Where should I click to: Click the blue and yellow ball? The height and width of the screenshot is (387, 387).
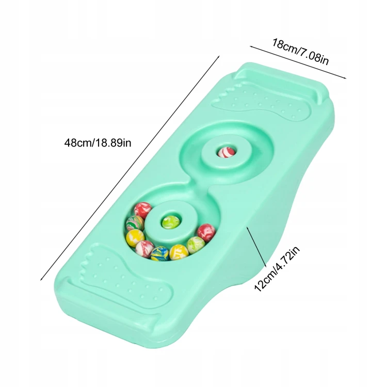[x=159, y=254]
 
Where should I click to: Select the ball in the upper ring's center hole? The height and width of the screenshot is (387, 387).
[x=226, y=153]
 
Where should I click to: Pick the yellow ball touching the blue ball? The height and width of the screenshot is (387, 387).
[x=179, y=252]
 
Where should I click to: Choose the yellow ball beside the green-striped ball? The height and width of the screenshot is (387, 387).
[x=135, y=238]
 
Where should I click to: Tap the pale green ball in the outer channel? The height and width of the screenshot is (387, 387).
[x=196, y=245]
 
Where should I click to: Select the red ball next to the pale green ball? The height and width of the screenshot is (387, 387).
[x=206, y=232]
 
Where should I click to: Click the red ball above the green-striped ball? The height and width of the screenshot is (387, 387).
[x=143, y=210]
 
